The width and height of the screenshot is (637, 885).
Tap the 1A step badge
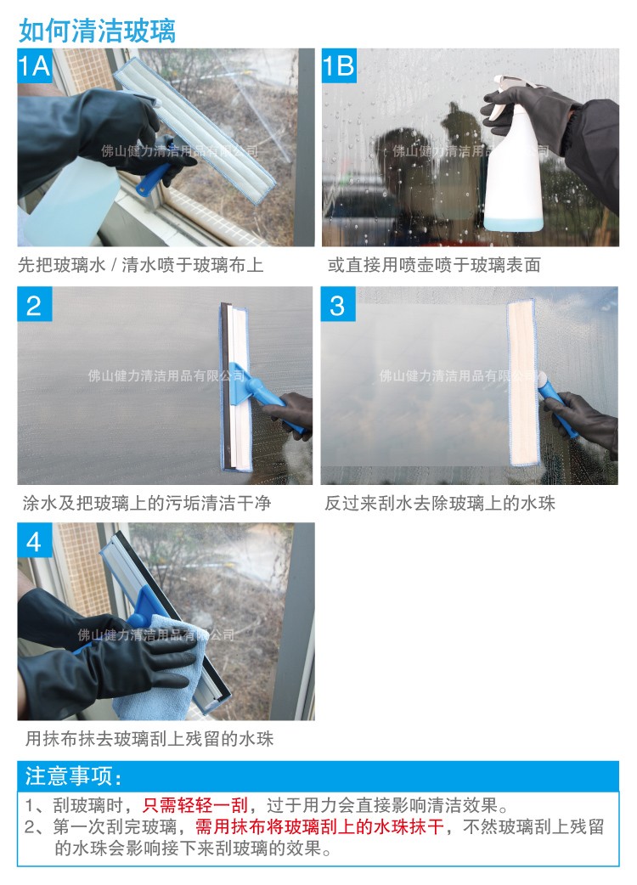click(x=35, y=66)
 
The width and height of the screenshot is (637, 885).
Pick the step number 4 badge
click(x=34, y=541)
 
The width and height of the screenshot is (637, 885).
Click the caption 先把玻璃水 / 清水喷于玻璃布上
click(x=141, y=266)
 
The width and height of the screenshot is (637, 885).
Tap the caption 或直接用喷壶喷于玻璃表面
click(x=434, y=266)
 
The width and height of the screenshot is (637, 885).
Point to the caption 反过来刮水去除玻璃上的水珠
click(x=440, y=503)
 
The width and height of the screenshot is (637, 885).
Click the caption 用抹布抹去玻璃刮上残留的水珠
click(x=149, y=739)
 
